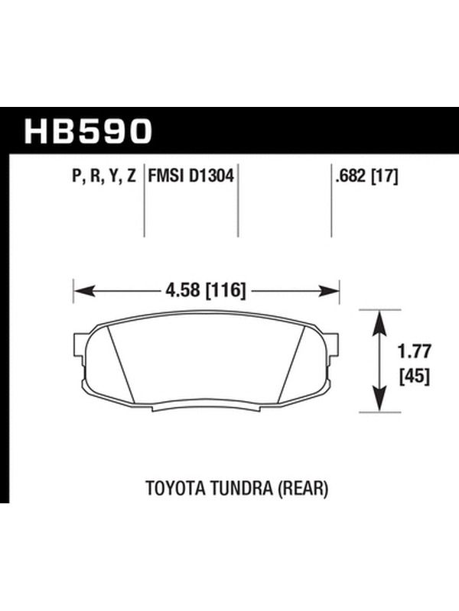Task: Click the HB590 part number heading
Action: pyautogui.click(x=88, y=131)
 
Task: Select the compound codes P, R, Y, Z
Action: pyautogui.click(x=104, y=176)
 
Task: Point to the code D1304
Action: pyautogui.click(x=212, y=176)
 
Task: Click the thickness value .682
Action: pyautogui.click(x=350, y=176)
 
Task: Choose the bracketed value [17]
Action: pyautogui.click(x=384, y=177)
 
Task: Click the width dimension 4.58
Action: pyautogui.click(x=183, y=290)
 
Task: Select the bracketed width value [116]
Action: pyautogui.click(x=226, y=291)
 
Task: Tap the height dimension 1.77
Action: pyautogui.click(x=414, y=351)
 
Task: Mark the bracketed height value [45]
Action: pyautogui.click(x=415, y=377)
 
